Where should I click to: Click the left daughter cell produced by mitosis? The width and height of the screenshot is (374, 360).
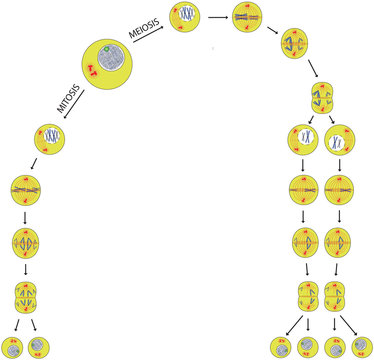[14, 347]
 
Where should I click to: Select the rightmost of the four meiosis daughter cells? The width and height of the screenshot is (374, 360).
[362, 347]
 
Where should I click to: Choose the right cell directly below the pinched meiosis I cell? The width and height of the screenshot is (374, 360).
[339, 138]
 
